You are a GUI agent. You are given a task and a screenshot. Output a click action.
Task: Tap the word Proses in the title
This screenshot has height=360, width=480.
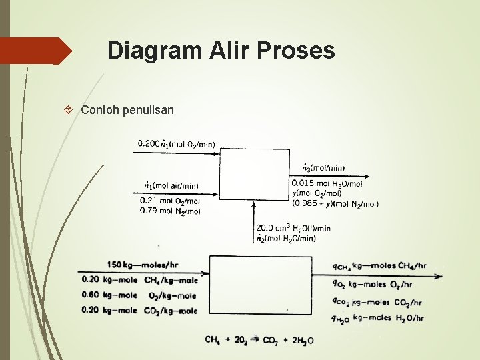tap(299, 50)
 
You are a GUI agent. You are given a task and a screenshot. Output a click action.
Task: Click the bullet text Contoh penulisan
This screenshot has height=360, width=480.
tap(127, 109)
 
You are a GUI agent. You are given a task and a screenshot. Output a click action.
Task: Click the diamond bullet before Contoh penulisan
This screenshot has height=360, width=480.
tap(71, 109)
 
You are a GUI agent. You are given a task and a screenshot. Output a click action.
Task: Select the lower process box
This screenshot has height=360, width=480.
tap(261, 285)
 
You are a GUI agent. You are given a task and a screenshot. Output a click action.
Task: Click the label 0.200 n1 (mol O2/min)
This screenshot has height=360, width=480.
tap(176, 143)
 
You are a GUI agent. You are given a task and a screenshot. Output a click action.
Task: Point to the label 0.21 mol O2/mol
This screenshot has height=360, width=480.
tap(170, 201)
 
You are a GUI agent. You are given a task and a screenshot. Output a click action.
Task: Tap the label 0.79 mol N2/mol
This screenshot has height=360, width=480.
tap(170, 211)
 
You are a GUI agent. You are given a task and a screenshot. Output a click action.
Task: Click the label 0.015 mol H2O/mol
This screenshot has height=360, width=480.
tap(327, 183)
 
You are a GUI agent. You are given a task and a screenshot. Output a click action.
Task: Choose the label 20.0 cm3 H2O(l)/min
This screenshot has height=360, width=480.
tap(293, 229)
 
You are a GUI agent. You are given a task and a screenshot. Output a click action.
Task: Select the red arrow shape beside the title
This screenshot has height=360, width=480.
tap(36, 51)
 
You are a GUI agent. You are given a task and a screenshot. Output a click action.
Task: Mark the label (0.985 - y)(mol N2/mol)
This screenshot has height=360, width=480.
tap(335, 203)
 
